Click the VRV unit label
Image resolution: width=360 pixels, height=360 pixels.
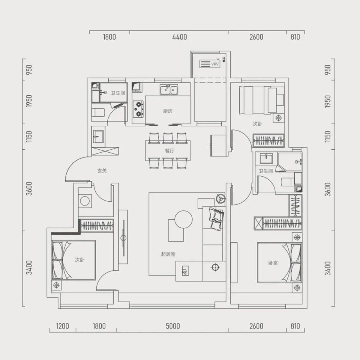[x=215, y=64]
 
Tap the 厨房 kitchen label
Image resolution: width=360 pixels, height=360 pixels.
[x=168, y=111]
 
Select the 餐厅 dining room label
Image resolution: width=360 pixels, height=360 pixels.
[x=169, y=151]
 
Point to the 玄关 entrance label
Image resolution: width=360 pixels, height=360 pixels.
[x=102, y=171]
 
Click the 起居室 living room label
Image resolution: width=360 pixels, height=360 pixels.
[x=168, y=254]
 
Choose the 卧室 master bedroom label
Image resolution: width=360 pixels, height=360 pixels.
[x=273, y=263]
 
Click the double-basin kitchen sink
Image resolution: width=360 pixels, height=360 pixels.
[x=169, y=90]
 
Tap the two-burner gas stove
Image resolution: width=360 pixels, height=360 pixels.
[x=138, y=109]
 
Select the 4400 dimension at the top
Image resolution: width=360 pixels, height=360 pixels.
[x=180, y=37]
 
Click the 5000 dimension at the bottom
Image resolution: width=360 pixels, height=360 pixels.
[x=172, y=326]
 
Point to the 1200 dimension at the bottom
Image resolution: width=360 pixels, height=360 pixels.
[x=63, y=326]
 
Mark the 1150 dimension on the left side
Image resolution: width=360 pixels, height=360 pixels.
[x=29, y=136]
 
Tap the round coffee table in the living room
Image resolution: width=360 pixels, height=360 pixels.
[x=183, y=219]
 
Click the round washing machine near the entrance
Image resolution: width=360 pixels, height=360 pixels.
[x=85, y=201]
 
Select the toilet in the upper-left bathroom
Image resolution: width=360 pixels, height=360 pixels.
[x=98, y=113]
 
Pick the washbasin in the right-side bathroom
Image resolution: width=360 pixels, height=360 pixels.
[x=266, y=158]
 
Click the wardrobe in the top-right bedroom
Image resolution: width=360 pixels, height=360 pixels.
[x=268, y=140]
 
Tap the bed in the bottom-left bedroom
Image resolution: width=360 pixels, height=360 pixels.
[x=74, y=260]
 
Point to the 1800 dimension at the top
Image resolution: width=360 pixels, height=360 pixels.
[x=109, y=37]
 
